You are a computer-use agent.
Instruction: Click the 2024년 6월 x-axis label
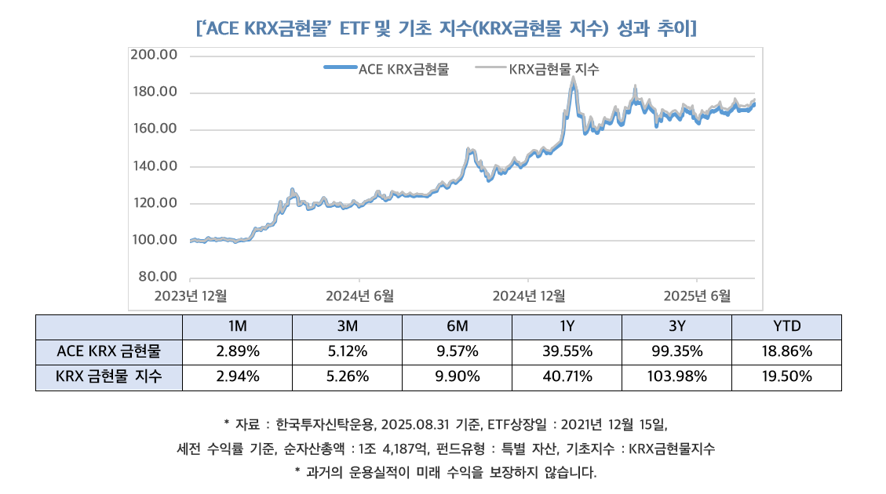[359, 296]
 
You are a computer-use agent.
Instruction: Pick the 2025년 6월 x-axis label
[697, 296]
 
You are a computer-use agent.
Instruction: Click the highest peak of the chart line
[574, 78]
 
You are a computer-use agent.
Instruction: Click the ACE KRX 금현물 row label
[109, 351]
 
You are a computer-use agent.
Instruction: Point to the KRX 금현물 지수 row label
[109, 377]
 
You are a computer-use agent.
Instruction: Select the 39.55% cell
[567, 351]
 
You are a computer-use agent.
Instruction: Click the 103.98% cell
[676, 377]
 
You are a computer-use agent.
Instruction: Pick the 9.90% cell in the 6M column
[457, 377]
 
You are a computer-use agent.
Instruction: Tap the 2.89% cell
[237, 351]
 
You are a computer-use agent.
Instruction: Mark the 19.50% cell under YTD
[786, 377]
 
